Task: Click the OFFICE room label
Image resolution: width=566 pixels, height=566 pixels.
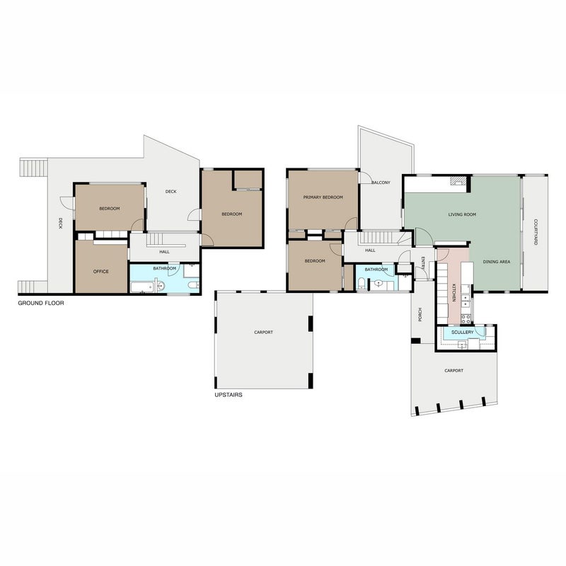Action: point(100,272)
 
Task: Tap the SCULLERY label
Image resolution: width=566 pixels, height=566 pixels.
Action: point(462,332)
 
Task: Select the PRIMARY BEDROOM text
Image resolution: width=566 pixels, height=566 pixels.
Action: point(323,197)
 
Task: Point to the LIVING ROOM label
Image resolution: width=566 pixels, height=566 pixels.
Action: point(462,214)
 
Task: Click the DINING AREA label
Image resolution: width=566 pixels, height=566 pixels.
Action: point(497,262)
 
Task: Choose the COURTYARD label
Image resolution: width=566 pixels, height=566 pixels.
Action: point(536,232)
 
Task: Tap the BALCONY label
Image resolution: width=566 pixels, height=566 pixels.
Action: point(381,183)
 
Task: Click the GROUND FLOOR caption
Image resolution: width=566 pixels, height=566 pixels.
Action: point(41,304)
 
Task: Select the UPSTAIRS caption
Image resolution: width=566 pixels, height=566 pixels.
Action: point(229,395)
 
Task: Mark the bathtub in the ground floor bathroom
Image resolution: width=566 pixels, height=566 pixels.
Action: point(142,287)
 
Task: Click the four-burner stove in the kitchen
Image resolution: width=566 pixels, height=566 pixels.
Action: point(466,319)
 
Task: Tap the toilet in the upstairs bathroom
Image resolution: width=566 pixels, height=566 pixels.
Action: point(362,284)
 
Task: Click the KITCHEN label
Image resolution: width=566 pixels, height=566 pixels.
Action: point(454,292)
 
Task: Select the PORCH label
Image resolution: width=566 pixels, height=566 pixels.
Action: point(420,314)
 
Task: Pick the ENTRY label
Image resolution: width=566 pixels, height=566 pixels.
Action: point(423,263)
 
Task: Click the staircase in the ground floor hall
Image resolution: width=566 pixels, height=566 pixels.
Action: point(155,239)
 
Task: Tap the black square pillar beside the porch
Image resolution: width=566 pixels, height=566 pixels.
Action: point(416,340)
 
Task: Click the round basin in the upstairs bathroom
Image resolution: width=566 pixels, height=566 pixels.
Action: point(378,283)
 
